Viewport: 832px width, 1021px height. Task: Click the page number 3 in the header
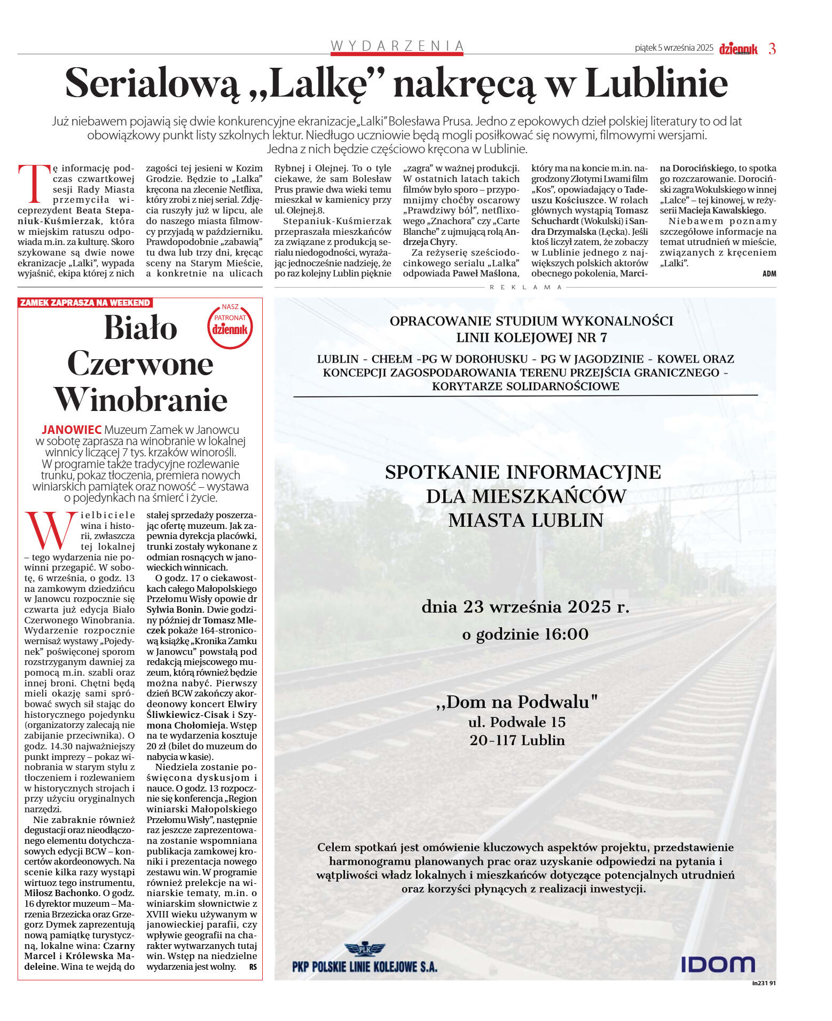click(x=772, y=49)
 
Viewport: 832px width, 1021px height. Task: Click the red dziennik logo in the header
click(x=738, y=49)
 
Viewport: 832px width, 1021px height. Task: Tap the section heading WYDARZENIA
click(x=397, y=46)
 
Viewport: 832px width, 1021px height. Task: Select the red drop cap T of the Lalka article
click(x=34, y=184)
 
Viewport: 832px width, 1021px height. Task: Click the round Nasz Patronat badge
click(x=230, y=326)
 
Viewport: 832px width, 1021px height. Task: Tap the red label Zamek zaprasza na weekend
click(x=85, y=303)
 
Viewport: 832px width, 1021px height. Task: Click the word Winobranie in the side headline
click(x=141, y=400)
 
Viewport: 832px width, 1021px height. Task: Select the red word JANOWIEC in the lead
click(x=72, y=430)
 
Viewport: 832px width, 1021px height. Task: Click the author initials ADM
click(x=769, y=274)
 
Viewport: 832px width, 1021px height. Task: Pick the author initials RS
click(x=253, y=967)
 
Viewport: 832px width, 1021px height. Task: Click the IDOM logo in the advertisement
click(x=717, y=964)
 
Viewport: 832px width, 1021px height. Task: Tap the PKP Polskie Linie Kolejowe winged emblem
click(x=365, y=948)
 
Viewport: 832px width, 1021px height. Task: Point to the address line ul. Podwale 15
click(x=517, y=722)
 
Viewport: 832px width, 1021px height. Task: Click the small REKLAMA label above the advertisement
click(x=526, y=287)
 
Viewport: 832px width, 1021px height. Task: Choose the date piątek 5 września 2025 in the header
click(x=674, y=48)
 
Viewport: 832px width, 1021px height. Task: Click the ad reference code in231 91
click(x=764, y=983)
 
